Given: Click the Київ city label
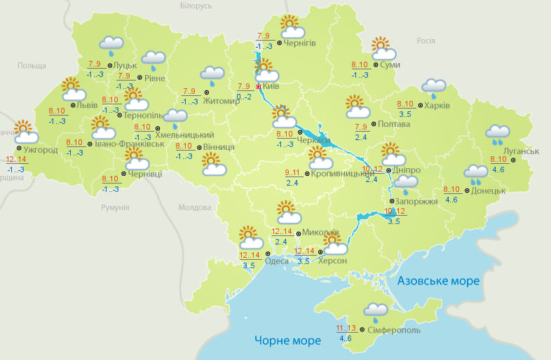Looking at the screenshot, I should [271, 86].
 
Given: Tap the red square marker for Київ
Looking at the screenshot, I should [258, 87].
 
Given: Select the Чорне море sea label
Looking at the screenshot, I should [287, 340].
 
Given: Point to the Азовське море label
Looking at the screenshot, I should [438, 281].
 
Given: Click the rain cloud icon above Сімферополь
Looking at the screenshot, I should [376, 312].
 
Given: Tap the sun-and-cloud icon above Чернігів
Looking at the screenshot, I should [292, 27].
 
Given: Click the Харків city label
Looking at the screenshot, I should [437, 106].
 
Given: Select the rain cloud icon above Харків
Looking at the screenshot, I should [434, 88].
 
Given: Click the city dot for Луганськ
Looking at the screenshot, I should [512, 160].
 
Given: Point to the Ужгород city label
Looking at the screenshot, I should [40, 150].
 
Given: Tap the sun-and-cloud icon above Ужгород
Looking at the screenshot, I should [25, 132].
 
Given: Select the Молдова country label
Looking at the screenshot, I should [194, 208].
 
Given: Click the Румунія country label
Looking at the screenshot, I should [115, 207].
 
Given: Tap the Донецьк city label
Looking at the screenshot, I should [488, 191].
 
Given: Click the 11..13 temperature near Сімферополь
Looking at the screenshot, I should [346, 328].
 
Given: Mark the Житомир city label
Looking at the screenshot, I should [221, 100].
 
